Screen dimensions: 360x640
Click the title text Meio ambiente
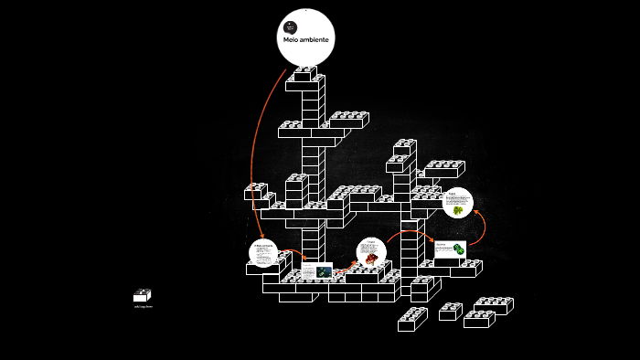(304, 41)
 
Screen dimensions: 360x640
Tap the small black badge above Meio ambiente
(291, 26)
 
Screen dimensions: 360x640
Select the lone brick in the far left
(143, 295)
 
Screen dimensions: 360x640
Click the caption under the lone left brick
(143, 307)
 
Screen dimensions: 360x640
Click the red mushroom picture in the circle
(372, 259)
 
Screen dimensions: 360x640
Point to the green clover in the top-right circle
(457, 209)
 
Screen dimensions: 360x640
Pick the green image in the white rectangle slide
(459, 249)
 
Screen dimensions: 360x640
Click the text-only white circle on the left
(263, 252)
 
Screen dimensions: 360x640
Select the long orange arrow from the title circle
(255, 146)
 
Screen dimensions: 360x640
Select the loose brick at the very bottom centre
(412, 319)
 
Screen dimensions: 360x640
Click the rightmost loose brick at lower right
(495, 304)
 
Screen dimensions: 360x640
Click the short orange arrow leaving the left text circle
(291, 251)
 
